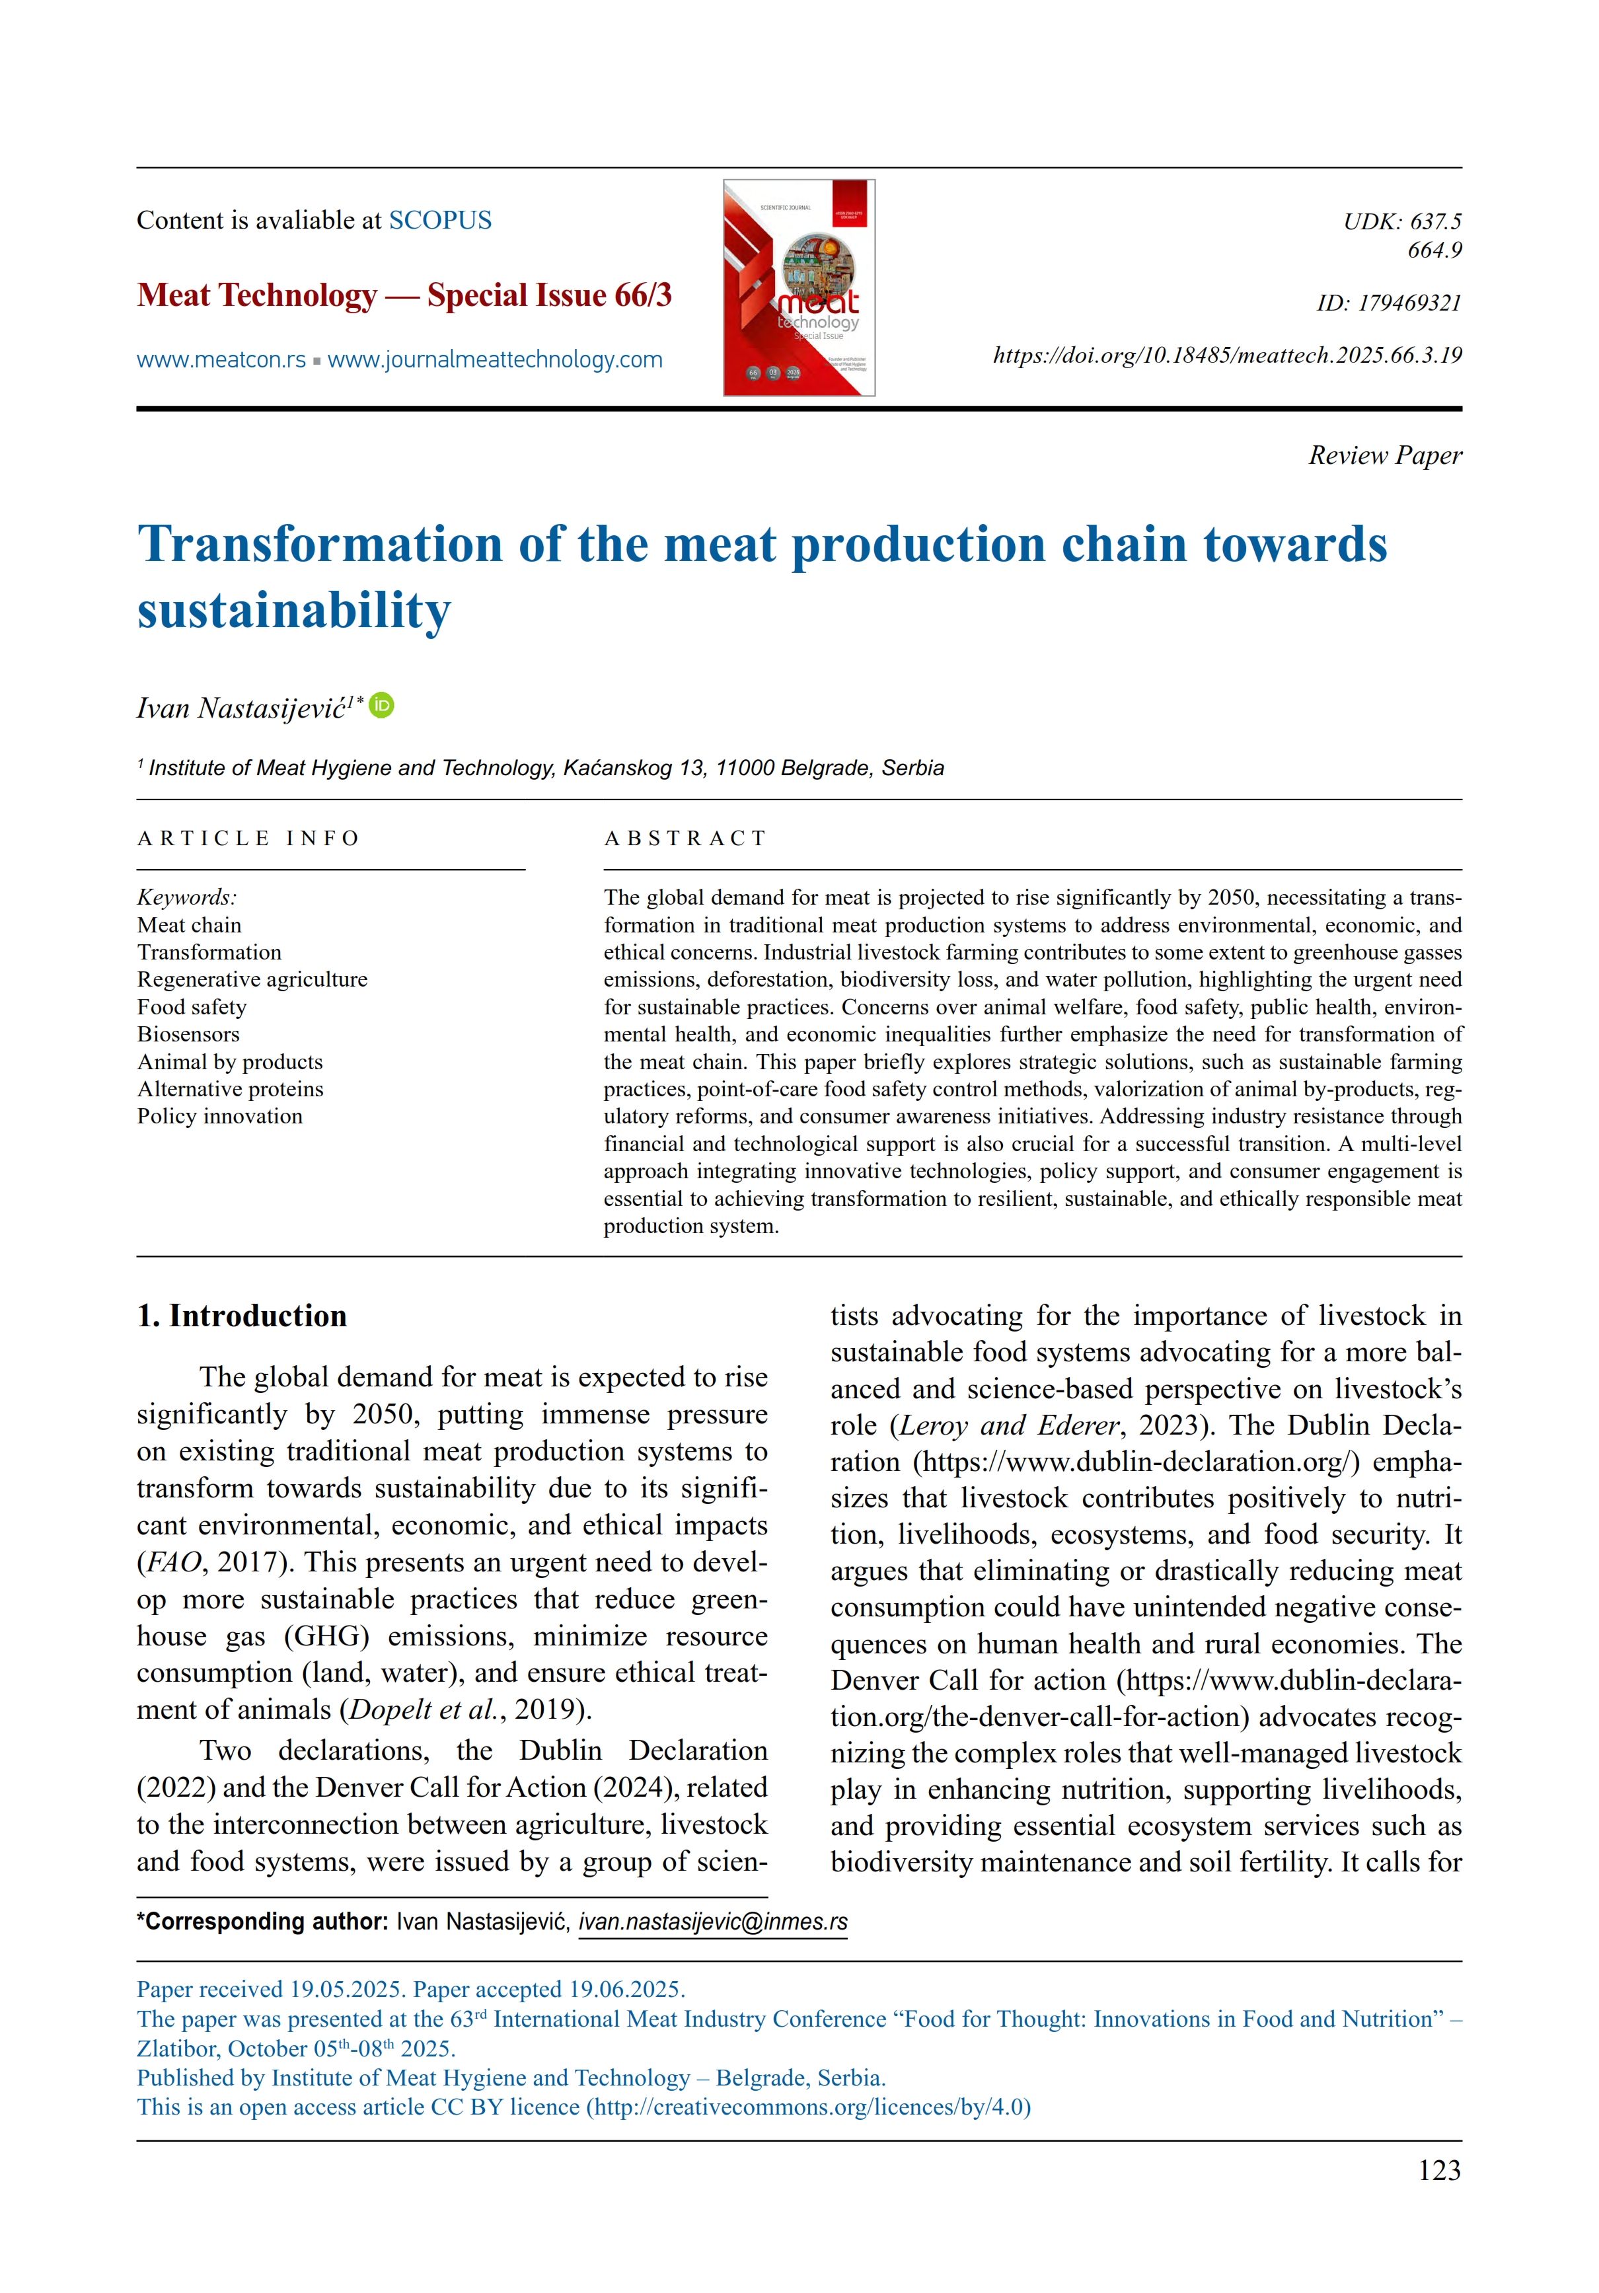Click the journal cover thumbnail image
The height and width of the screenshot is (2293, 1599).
pyautogui.click(x=798, y=287)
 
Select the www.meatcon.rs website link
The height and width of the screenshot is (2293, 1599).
pyautogui.click(x=221, y=359)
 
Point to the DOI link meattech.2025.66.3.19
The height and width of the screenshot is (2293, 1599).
pyautogui.click(x=1226, y=356)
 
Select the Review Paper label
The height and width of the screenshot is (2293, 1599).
pyautogui.click(x=1384, y=455)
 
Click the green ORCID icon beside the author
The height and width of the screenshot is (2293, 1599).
pyautogui.click(x=381, y=706)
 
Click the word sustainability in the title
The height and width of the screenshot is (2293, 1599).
pyautogui.click(x=293, y=610)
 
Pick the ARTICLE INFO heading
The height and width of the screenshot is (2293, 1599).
pyautogui.click(x=248, y=838)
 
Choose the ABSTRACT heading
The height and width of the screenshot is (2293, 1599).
pyautogui.click(x=685, y=838)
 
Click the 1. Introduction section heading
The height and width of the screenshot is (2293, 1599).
pyautogui.click(x=242, y=1315)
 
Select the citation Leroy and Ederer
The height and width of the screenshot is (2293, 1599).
pyautogui.click(x=1009, y=1425)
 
